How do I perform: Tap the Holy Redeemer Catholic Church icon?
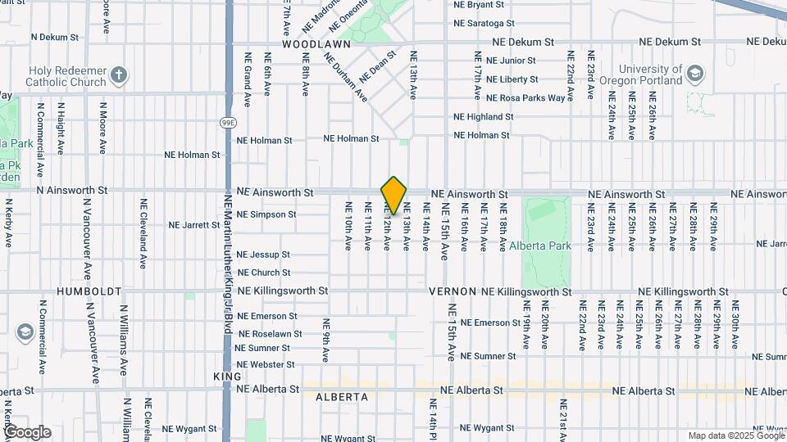[x=119, y=75]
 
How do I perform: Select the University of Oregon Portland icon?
[x=694, y=74]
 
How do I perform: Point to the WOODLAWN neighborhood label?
[x=316, y=44]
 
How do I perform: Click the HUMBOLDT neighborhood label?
[x=89, y=291]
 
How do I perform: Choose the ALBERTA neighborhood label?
[x=342, y=396]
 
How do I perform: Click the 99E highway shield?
[x=228, y=123]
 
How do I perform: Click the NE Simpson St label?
[x=266, y=214]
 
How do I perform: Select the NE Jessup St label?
[x=263, y=255]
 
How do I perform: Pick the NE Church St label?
[x=264, y=273]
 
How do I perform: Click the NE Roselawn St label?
[x=267, y=334]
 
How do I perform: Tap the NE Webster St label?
[x=265, y=364]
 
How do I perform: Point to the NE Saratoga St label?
[x=484, y=24]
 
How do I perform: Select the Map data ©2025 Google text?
[x=735, y=435]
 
